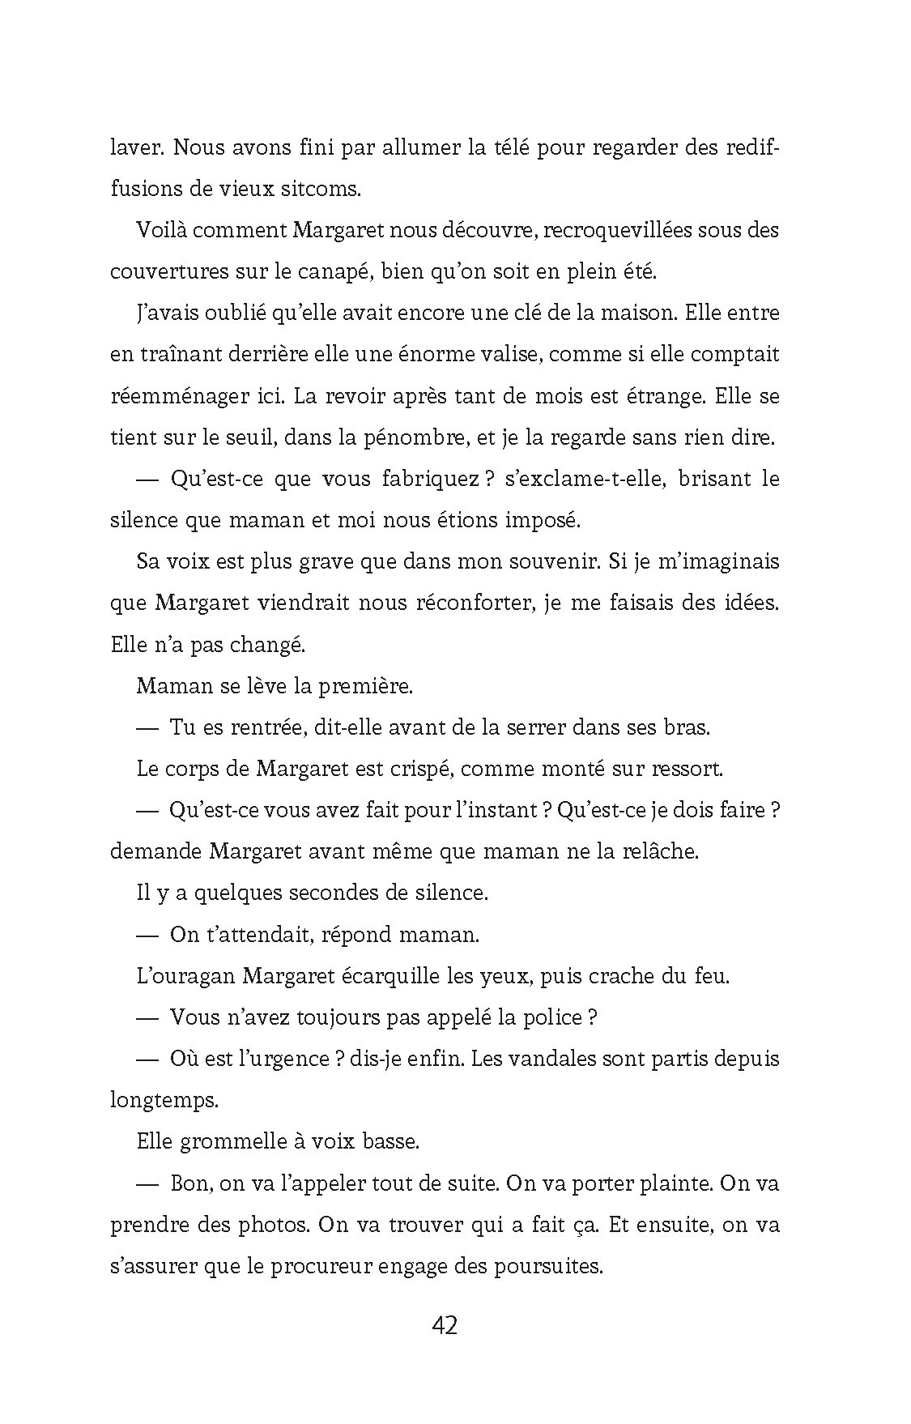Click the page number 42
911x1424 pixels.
(445, 1326)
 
